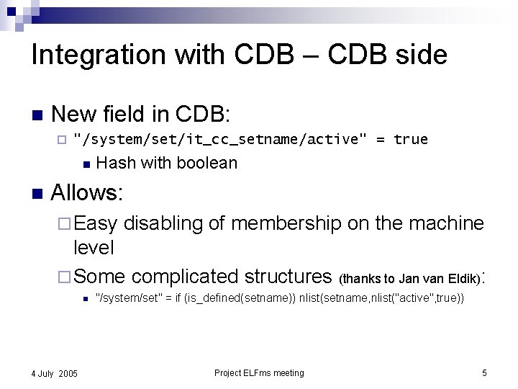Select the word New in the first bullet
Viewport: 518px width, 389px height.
click(x=74, y=114)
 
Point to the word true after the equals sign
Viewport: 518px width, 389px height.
click(x=411, y=139)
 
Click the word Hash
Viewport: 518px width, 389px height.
click(x=116, y=163)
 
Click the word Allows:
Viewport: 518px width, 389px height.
click(x=88, y=193)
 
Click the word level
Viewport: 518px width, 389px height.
click(x=94, y=248)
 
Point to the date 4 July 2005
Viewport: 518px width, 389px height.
click(x=55, y=373)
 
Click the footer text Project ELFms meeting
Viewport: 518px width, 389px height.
click(x=259, y=372)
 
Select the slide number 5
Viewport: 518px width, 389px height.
click(x=484, y=372)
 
